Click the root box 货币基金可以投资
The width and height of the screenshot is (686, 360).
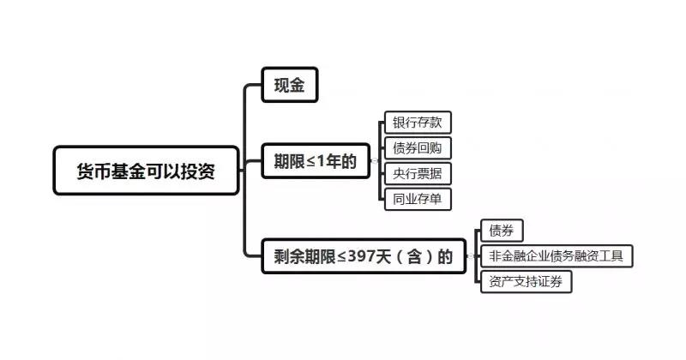(x=146, y=170)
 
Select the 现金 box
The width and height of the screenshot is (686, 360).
(x=289, y=85)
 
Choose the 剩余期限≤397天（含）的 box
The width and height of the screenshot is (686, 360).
(x=364, y=255)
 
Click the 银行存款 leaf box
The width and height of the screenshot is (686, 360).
(x=417, y=122)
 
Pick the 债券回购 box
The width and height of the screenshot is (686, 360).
(x=417, y=147)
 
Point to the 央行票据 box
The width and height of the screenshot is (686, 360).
(x=417, y=173)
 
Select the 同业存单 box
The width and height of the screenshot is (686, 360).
(x=417, y=199)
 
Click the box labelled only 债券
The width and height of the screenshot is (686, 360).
(x=502, y=231)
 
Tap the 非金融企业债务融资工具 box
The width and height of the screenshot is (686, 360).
(x=557, y=255)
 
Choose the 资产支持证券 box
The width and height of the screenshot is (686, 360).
(x=526, y=281)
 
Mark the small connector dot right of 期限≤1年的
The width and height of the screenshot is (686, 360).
(x=375, y=160)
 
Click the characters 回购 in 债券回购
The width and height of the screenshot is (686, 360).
(x=429, y=147)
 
